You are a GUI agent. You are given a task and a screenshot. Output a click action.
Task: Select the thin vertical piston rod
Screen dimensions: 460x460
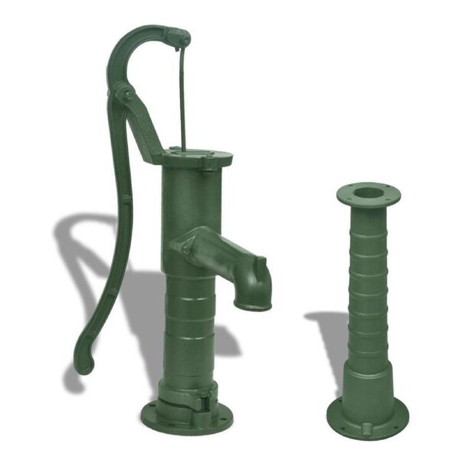point(182,100)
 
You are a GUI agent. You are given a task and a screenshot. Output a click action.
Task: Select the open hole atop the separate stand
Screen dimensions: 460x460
point(368,192)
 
